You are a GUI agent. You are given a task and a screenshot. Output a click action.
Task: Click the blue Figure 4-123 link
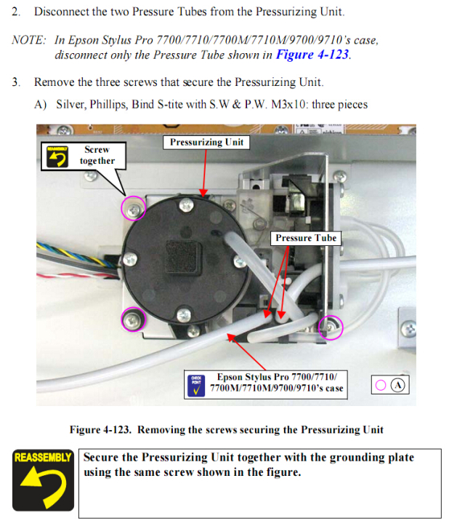pos(312,55)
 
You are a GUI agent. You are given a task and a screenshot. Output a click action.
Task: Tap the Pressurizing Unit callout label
pos(206,142)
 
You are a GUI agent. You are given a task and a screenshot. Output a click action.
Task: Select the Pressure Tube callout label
pos(306,238)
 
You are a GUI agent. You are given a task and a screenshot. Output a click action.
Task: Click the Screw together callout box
pos(84,156)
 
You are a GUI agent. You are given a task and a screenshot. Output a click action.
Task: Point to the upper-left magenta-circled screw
pos(134,208)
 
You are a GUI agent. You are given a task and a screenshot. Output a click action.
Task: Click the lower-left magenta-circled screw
pos(134,319)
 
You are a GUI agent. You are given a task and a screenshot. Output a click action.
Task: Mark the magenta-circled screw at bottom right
pos(331,327)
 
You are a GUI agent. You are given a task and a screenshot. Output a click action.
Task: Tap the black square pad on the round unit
pos(184,258)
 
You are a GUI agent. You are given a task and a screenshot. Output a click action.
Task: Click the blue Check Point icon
pos(196,386)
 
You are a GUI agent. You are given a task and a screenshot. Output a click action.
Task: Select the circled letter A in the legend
pos(398,385)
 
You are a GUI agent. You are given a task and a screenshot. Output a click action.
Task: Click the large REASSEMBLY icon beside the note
pos(43,480)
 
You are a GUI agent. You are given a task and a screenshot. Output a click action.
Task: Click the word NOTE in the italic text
pos(28,40)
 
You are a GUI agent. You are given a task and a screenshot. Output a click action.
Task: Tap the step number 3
pos(16,82)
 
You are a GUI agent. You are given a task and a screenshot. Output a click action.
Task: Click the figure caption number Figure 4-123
pos(100,429)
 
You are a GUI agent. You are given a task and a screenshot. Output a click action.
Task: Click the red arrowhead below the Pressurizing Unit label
pos(203,193)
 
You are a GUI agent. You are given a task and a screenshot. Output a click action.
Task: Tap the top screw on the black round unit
pos(186,204)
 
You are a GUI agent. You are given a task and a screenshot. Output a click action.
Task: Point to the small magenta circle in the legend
pos(381,385)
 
